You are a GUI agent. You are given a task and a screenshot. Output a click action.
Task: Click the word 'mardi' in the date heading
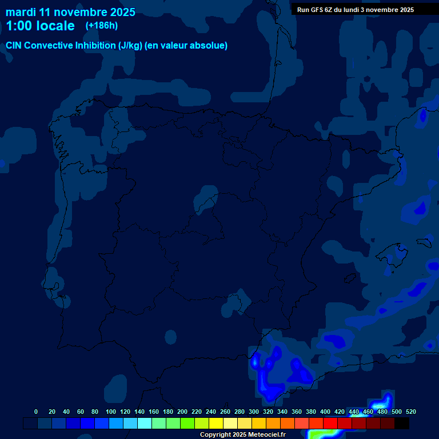(20, 12)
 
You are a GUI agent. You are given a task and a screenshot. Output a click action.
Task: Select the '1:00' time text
(18, 26)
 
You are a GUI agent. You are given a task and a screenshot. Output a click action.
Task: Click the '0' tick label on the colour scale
(36, 412)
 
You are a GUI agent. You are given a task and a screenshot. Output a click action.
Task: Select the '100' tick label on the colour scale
(111, 412)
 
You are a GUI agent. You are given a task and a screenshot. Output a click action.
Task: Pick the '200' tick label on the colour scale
(182, 412)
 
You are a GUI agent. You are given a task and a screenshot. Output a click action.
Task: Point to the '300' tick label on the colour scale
(254, 412)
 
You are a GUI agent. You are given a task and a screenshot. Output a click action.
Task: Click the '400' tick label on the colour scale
(325, 412)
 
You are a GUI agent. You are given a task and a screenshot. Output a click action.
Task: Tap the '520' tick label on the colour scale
(410, 412)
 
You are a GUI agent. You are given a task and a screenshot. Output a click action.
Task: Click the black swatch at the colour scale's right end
(401, 424)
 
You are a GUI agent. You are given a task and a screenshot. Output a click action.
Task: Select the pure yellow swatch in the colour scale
(216, 424)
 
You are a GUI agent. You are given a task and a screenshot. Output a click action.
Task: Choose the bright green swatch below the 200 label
(187, 424)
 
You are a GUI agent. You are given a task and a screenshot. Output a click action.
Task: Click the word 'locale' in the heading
(55, 26)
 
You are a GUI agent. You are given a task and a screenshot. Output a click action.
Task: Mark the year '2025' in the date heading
(121, 12)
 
